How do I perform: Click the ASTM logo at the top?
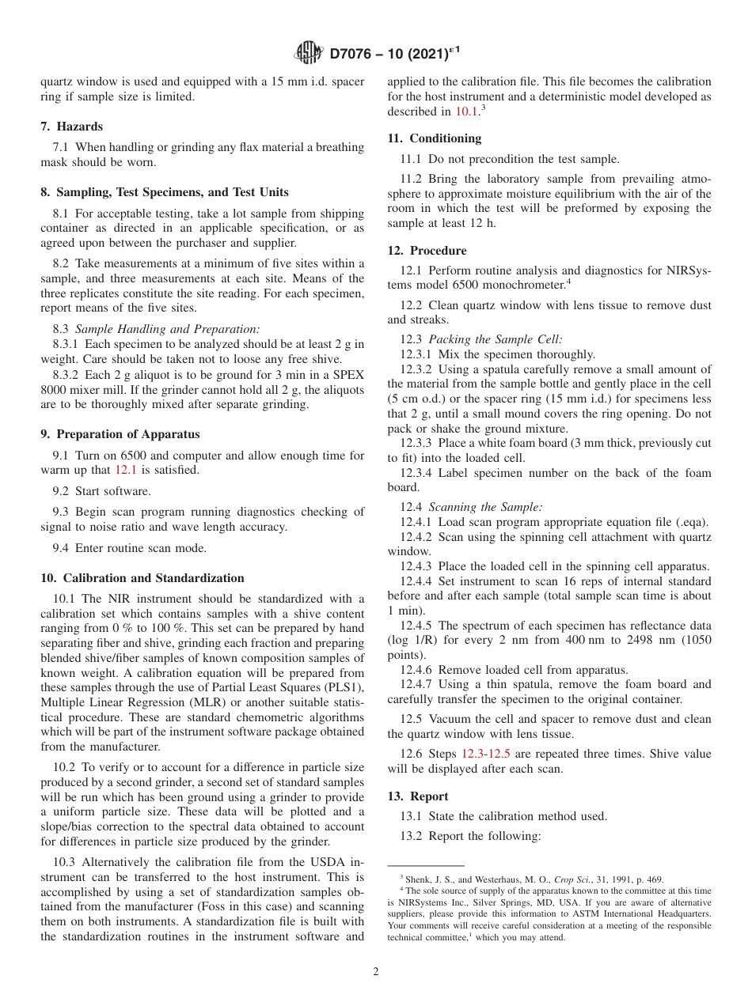tap(308, 53)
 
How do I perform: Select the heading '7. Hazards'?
tap(71, 127)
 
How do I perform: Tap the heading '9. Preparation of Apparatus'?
tap(120, 434)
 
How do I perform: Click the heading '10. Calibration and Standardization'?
tap(142, 578)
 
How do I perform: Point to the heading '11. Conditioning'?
tap(434, 138)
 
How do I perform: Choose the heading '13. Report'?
tap(417, 796)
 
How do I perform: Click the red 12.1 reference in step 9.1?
tap(126, 470)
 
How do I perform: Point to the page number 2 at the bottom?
tap(376, 972)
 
